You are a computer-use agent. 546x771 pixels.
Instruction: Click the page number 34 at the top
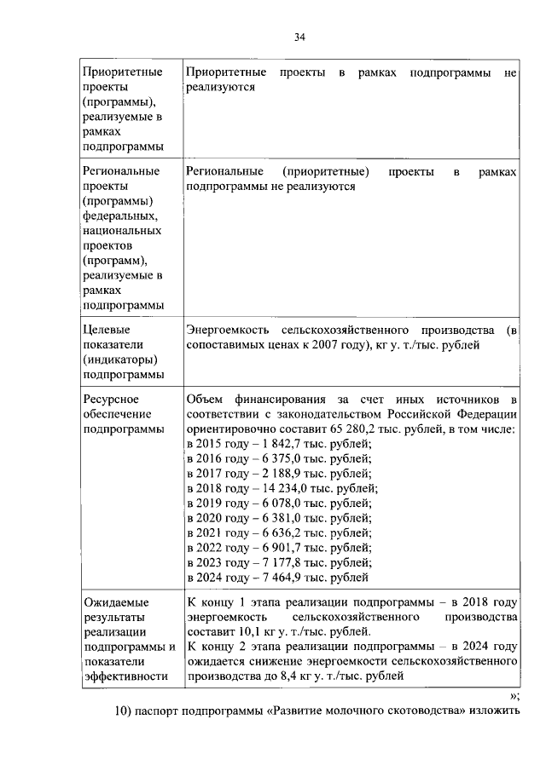tap(299, 36)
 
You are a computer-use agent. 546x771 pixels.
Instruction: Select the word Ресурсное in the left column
tap(111, 400)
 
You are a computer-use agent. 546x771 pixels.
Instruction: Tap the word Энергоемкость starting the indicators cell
tap(224, 331)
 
